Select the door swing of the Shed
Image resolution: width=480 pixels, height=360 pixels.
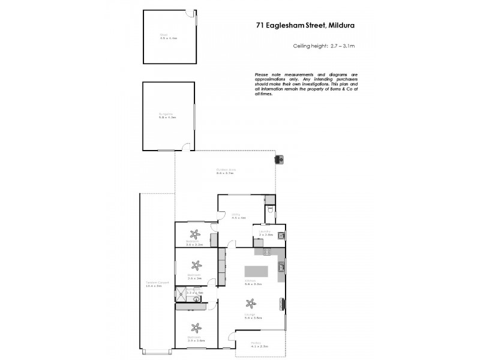(190, 15)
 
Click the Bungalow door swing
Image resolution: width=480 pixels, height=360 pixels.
(187, 146)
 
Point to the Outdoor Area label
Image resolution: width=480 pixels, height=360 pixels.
(226, 171)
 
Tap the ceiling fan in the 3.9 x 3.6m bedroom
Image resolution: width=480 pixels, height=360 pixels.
(194, 328)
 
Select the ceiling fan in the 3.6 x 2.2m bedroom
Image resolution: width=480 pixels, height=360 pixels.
(194, 234)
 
